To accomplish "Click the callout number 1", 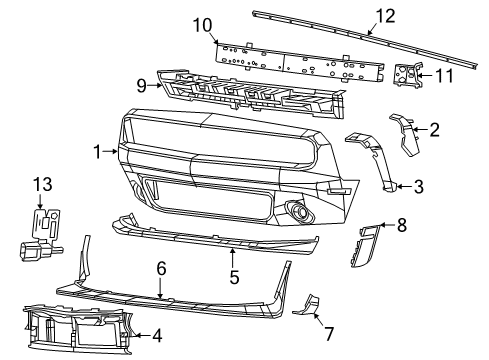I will coord(97,152).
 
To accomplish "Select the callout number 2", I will coord(434,128).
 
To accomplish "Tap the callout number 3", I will coord(419,185).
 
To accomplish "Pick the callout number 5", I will coord(233,276).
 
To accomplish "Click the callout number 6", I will coord(160,268).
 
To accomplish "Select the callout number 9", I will coord(143,86).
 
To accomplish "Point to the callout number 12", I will coord(385,15).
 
